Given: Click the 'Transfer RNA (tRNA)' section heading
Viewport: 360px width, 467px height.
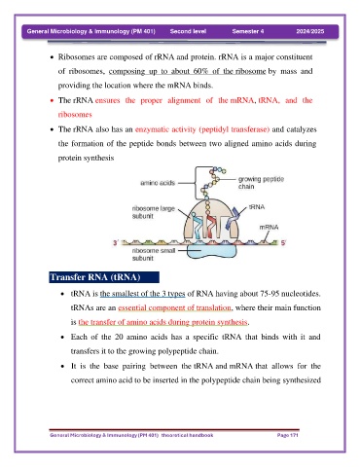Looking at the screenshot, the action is point(95,277).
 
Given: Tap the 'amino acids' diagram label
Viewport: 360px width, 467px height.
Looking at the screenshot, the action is point(158,183).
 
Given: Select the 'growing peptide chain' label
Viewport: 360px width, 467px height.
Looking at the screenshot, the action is point(261,183).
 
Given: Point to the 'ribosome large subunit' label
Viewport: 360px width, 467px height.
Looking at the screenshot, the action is point(154,212).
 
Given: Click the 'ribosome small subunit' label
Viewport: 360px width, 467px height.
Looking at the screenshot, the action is point(154,254).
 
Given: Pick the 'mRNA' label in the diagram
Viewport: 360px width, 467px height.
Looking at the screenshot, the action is point(269,228).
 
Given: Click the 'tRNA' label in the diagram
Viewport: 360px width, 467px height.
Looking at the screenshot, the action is point(257,207).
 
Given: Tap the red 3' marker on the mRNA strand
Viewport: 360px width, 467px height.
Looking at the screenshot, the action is point(116,242).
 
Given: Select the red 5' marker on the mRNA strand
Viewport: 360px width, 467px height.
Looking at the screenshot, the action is point(283,242).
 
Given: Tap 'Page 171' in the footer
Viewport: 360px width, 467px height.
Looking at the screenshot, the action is point(287,435).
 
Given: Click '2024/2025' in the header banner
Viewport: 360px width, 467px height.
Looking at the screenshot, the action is point(310,31).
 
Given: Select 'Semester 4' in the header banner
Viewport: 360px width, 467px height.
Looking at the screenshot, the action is point(248,31).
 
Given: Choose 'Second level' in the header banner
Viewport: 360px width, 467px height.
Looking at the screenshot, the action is point(188,31).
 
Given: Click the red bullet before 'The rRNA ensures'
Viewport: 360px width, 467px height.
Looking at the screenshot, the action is point(52,100).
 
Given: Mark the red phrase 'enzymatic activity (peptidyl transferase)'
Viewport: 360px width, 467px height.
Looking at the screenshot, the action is point(202,129).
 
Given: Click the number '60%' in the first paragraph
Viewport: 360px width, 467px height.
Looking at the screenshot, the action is point(200,71).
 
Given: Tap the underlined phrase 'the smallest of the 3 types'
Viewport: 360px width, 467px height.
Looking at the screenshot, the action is point(142,294).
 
